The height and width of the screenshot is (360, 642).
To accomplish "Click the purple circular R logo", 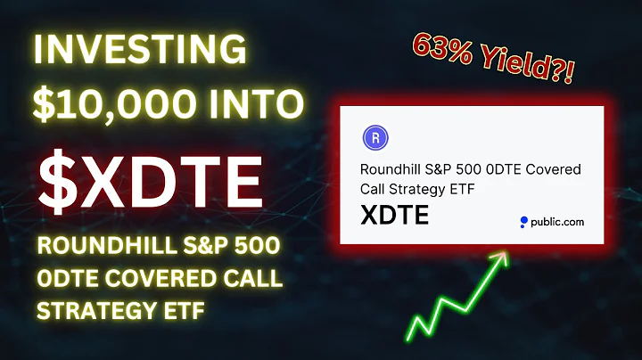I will (375, 138).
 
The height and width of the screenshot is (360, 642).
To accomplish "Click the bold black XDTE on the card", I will (395, 216).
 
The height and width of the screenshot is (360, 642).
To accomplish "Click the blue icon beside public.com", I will (524, 222).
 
